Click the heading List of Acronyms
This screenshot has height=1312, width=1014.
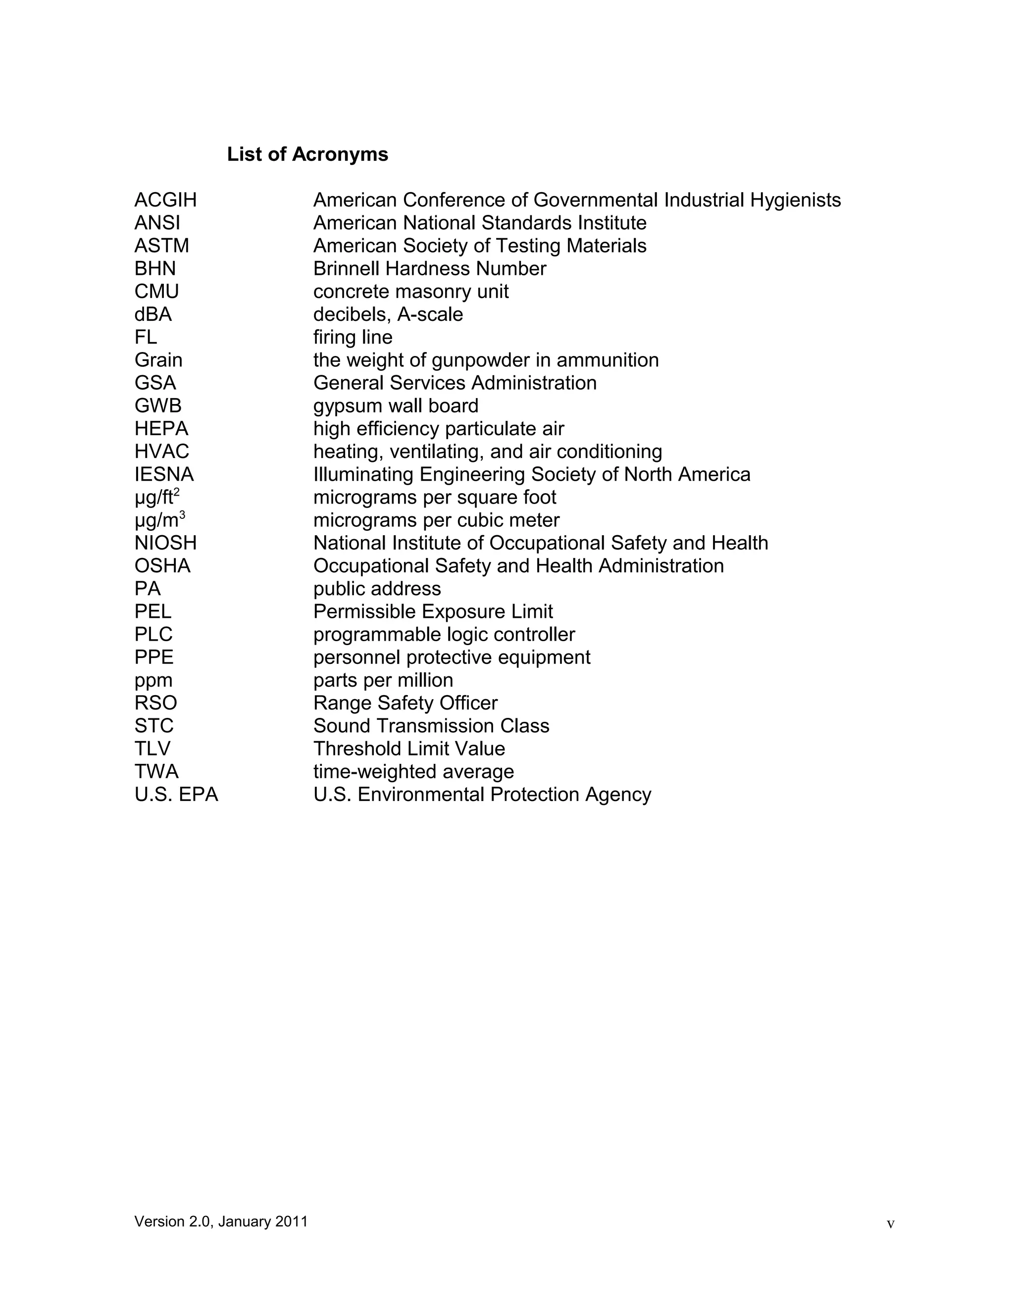[x=307, y=154]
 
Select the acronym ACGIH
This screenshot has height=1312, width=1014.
[x=165, y=200]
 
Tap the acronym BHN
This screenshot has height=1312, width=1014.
[x=155, y=268]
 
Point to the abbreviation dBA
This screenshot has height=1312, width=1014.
[x=152, y=314]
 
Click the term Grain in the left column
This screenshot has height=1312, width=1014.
[x=158, y=360]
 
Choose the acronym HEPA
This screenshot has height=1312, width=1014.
[x=161, y=428]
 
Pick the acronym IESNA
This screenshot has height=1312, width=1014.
[x=164, y=475]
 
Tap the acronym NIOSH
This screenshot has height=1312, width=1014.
[x=165, y=543]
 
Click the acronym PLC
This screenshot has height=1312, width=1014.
[x=153, y=634]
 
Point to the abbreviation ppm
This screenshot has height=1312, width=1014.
[x=153, y=680]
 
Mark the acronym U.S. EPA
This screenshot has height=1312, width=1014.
[x=176, y=795]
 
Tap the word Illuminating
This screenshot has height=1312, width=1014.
[x=363, y=475]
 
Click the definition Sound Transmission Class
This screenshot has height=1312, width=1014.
[x=431, y=726]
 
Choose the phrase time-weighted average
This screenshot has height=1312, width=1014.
[x=413, y=771]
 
